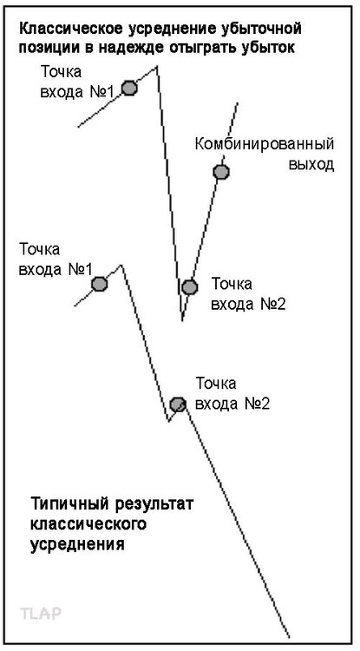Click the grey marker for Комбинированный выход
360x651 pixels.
click(x=221, y=172)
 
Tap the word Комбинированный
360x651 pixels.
click(x=265, y=144)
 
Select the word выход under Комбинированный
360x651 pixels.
click(x=311, y=164)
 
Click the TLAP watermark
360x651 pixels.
click(x=41, y=613)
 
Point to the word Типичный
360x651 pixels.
click(x=66, y=505)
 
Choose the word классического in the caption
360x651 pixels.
click(x=89, y=524)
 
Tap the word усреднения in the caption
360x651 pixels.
click(x=77, y=544)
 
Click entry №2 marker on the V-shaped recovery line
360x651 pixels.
click(x=189, y=286)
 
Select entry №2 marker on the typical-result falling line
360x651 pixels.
click(x=178, y=404)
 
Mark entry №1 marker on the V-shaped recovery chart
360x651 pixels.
click(x=129, y=88)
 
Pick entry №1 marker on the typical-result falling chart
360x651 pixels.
click(x=99, y=285)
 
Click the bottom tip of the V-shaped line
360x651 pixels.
click(x=181, y=320)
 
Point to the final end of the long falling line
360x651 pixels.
click(x=289, y=637)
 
